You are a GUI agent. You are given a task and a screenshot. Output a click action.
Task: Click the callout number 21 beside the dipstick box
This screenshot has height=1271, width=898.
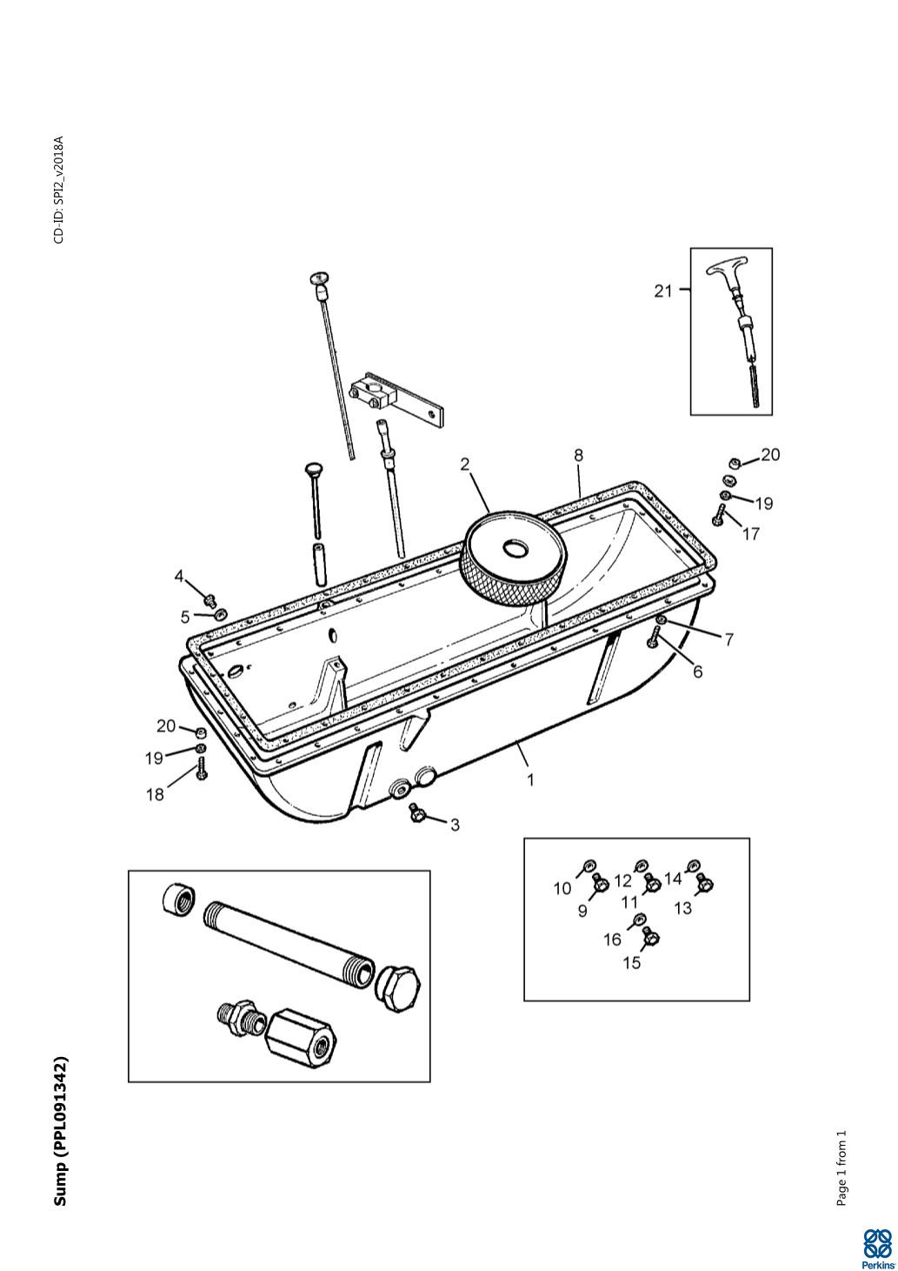pos(662,291)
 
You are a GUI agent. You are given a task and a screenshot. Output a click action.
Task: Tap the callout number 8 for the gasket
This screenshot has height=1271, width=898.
pos(578,455)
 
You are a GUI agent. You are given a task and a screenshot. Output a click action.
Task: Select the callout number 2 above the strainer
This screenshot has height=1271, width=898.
pos(465,465)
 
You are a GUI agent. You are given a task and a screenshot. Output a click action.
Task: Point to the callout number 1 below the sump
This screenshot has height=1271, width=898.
pos(530,780)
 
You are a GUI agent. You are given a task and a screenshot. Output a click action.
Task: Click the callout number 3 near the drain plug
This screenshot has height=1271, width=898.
pos(455,825)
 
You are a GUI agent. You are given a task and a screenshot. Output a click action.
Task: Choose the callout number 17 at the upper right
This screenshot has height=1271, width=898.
pos(750,534)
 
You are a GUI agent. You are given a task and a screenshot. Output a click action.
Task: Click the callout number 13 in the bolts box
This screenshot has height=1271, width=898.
pos(683,908)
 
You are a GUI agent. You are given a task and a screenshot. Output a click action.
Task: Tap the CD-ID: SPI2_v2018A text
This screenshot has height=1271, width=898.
pos(59,190)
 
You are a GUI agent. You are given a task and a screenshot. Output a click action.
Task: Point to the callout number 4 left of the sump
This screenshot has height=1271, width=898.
pos(179,577)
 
